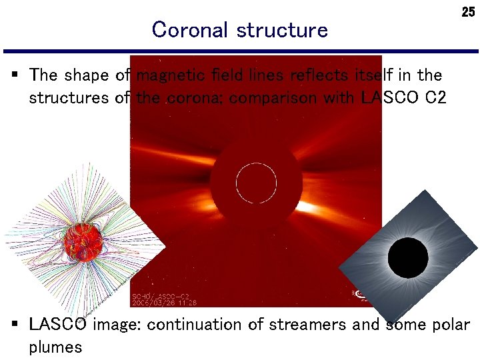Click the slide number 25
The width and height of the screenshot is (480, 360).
click(x=468, y=12)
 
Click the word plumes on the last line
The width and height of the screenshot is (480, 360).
click(x=55, y=347)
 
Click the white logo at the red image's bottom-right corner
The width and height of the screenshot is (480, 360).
click(x=361, y=294)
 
